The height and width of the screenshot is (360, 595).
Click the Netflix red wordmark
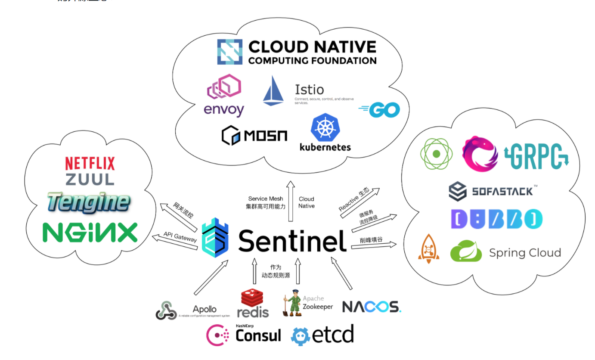[90, 163]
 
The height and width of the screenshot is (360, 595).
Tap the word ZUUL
[90, 179]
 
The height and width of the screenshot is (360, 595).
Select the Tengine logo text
[88, 202]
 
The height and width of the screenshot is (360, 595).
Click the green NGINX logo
[90, 233]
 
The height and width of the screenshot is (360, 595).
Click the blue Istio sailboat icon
[273, 91]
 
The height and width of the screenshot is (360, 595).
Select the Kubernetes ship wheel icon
[325, 128]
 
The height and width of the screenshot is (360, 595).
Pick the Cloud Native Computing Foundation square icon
[230, 52]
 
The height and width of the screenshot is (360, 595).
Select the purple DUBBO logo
[496, 219]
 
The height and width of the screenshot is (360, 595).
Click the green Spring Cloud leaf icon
[466, 251]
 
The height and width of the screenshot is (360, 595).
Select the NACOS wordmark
[372, 307]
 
